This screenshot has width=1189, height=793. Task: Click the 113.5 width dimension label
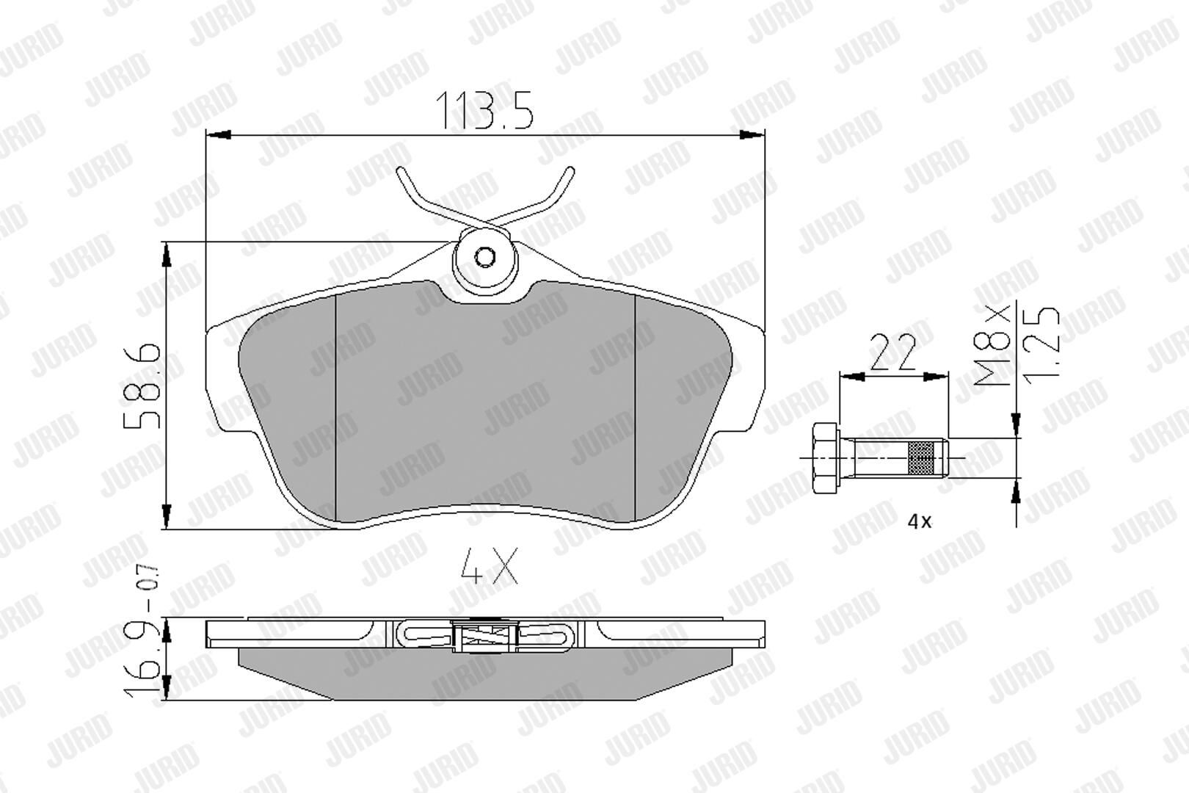[484, 111]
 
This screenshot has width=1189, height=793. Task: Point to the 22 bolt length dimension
[893, 352]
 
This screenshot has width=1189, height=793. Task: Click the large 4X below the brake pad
[489, 566]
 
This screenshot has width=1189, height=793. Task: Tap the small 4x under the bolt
[920, 522]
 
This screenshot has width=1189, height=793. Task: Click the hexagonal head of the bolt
[826, 458]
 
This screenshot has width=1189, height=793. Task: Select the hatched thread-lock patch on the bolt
[922, 458]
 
